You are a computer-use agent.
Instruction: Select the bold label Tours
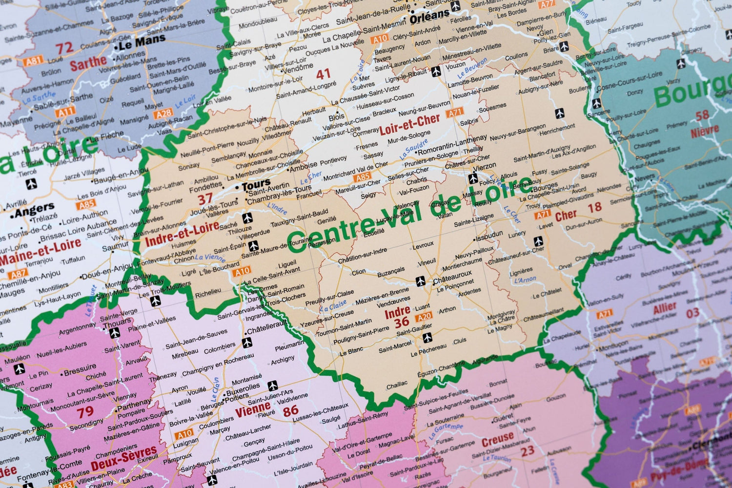pos(256,186)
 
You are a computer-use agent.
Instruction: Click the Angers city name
pos(34,211)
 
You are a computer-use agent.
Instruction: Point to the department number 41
pos(323,74)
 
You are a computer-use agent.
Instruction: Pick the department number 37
pos(205,199)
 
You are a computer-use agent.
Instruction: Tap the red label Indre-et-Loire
pos(182,233)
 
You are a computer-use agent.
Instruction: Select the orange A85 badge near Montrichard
pos(363,177)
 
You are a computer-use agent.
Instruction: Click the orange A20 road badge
pos(423,317)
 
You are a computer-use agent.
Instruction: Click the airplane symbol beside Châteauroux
pos(421,281)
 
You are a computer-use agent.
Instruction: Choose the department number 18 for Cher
pos(594,208)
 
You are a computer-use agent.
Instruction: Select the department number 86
pos(290,411)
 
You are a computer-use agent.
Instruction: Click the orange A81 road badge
pos(33,61)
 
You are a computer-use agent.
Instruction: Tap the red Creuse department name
pos(497,439)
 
